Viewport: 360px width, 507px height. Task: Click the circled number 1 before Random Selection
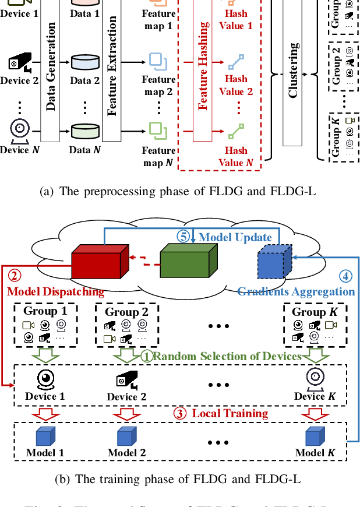149,356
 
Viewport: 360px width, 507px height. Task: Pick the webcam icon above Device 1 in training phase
45,379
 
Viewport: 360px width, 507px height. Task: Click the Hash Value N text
235,156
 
